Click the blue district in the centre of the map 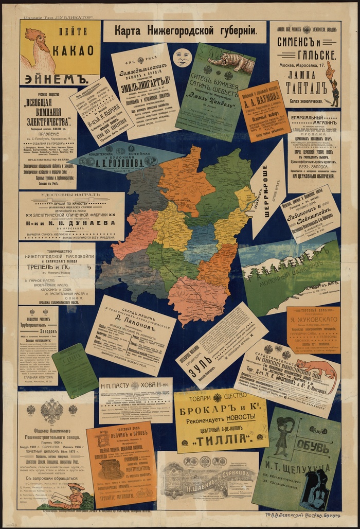coord(202,240)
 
